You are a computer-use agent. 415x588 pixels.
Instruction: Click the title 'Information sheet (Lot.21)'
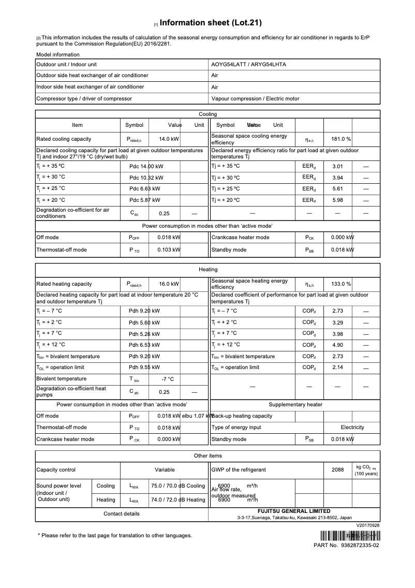[x=211, y=23]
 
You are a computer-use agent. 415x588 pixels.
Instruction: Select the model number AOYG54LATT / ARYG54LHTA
[x=248, y=65]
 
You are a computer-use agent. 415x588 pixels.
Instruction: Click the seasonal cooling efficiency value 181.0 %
[x=341, y=139]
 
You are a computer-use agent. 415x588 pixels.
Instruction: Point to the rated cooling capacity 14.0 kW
[x=169, y=139]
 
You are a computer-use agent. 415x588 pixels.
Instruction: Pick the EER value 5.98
[x=337, y=200]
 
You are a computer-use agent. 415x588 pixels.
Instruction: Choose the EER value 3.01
[x=337, y=167]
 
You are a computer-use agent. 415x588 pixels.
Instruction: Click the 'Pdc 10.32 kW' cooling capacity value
[x=146, y=178]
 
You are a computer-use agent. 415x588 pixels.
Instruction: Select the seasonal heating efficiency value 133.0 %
[x=341, y=284]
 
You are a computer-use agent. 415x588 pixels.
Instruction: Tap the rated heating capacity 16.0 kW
[x=169, y=284]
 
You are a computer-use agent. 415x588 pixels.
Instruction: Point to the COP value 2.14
[x=337, y=367]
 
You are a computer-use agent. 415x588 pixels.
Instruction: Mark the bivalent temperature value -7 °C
[x=167, y=379]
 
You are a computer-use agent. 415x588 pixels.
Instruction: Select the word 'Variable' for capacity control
[x=165, y=470]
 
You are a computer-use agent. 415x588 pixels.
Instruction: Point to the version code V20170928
[x=367, y=525]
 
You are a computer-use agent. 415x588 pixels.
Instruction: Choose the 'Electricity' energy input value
[x=352, y=428]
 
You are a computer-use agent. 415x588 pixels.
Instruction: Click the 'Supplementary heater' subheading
[x=295, y=405]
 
